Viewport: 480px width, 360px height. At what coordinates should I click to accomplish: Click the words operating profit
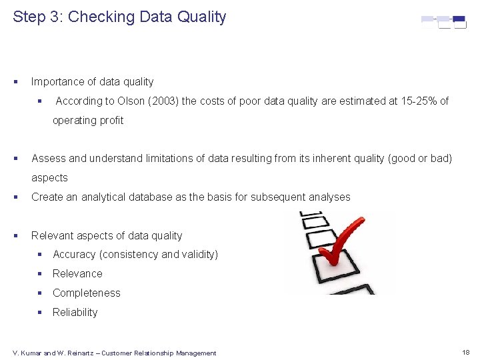88,120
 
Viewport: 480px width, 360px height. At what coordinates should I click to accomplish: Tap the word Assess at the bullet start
49,158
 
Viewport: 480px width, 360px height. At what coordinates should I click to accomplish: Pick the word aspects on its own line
49,177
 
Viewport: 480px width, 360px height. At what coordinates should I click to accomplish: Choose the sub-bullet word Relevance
77,273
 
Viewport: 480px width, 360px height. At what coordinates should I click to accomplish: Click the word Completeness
87,293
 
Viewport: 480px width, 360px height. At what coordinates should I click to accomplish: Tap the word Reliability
75,312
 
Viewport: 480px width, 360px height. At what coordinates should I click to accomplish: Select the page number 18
465,351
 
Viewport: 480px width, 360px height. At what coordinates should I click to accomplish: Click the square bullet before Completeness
41,293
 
